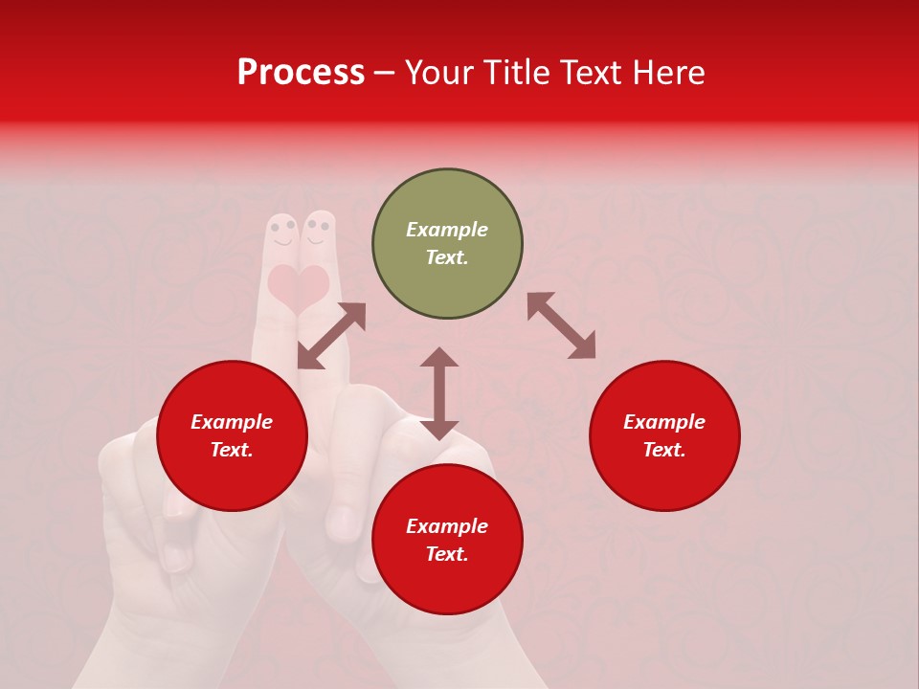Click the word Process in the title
(x=301, y=73)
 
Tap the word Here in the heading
(x=667, y=73)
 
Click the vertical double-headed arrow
(x=439, y=393)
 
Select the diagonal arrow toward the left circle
(x=331, y=336)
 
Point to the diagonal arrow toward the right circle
(x=562, y=325)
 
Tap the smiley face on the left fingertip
(x=282, y=233)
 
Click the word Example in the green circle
(x=447, y=230)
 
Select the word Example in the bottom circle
(x=447, y=526)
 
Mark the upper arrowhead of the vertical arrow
(x=439, y=357)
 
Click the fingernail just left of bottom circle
(x=343, y=522)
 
